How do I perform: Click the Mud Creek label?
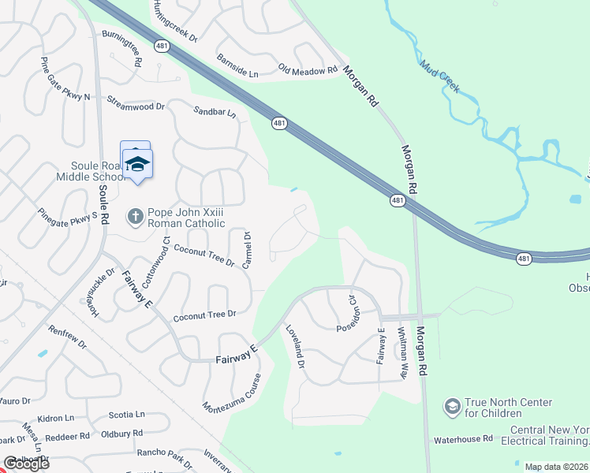(440, 77)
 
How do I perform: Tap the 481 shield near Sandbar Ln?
(279, 123)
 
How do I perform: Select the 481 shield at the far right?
(524, 258)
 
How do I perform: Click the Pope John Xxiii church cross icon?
(136, 215)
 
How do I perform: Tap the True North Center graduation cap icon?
(453, 407)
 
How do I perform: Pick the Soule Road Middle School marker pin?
(138, 166)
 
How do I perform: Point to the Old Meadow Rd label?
(308, 71)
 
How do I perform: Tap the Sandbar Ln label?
(215, 113)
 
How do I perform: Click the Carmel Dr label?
(246, 251)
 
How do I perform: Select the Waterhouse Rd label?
(463, 438)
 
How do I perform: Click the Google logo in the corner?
(26, 464)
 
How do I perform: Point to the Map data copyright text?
(556, 467)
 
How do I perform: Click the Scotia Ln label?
(126, 414)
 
